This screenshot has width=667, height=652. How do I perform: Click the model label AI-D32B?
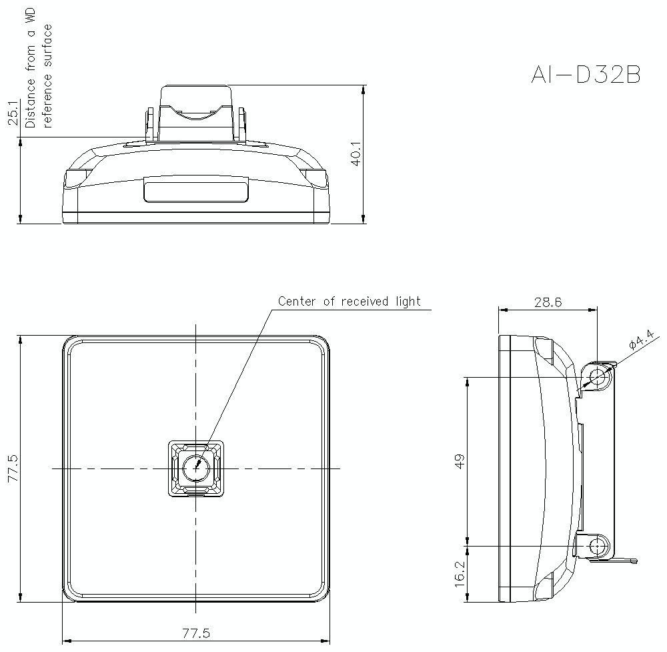click(x=586, y=75)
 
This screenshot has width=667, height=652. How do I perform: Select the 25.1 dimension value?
click(x=13, y=113)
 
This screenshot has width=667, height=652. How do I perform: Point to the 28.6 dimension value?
click(x=548, y=302)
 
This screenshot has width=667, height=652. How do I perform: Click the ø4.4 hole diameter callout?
click(x=641, y=344)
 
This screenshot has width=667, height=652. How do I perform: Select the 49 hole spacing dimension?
click(x=459, y=460)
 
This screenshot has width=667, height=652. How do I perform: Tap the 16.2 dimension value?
click(x=459, y=574)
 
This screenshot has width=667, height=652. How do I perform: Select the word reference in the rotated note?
click(x=47, y=103)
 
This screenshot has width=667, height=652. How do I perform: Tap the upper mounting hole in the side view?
click(x=597, y=377)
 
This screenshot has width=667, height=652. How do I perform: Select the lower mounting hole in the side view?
click(x=597, y=546)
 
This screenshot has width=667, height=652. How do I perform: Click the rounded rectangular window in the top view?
click(x=196, y=190)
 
